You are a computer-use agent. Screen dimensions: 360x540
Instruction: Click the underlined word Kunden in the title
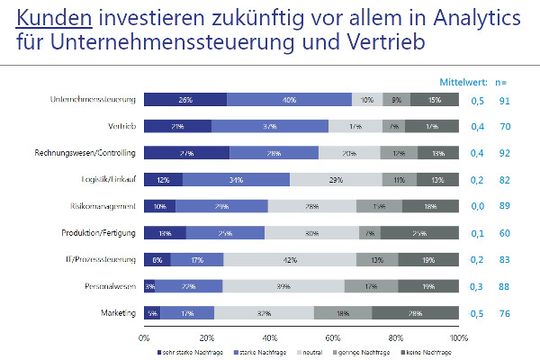[43, 17]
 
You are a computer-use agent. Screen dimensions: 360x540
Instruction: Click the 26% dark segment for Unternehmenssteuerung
[185, 100]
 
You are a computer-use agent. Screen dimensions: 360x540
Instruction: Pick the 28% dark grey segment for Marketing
[415, 313]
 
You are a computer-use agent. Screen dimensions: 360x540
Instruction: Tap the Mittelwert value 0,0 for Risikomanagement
[478, 206]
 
